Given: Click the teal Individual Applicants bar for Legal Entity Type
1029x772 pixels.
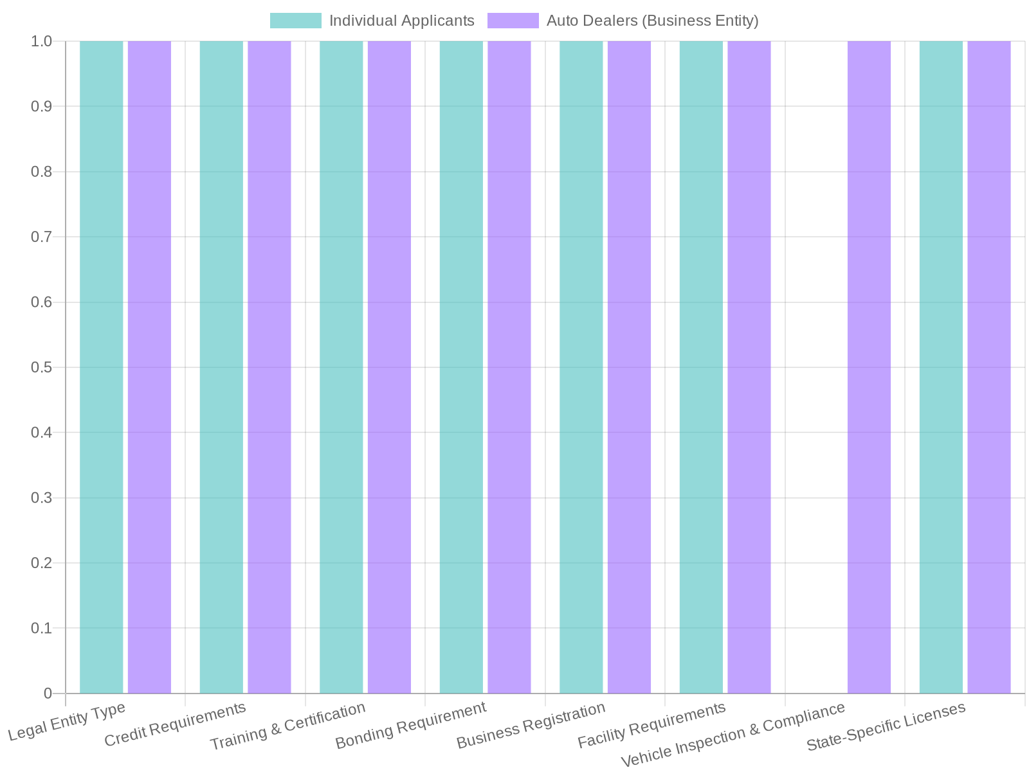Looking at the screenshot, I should tap(102, 367).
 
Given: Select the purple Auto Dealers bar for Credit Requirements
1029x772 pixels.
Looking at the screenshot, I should tap(269, 367).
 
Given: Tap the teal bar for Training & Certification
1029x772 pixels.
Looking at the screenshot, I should tap(341, 367).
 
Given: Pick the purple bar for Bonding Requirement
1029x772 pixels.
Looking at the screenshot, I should tap(509, 367).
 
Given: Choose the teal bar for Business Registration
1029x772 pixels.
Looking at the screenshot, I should tap(581, 367).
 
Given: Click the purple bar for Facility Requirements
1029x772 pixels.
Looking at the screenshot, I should tap(749, 367).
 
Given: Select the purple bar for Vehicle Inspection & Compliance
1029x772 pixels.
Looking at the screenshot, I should tap(869, 367).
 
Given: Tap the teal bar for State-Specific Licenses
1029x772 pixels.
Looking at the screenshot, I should tap(941, 367).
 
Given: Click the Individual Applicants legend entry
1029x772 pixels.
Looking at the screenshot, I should tap(372, 21).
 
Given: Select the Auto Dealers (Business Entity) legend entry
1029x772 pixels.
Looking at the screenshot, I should tap(623, 21).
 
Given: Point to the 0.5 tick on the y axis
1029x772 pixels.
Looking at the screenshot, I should tap(41, 367).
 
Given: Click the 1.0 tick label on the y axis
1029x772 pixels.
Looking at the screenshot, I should tap(41, 41).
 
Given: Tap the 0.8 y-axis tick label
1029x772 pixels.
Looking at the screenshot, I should tap(41, 172).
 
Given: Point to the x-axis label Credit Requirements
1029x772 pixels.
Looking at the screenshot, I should tap(175, 725).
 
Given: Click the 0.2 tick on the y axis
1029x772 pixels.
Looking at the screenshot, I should tap(41, 563).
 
